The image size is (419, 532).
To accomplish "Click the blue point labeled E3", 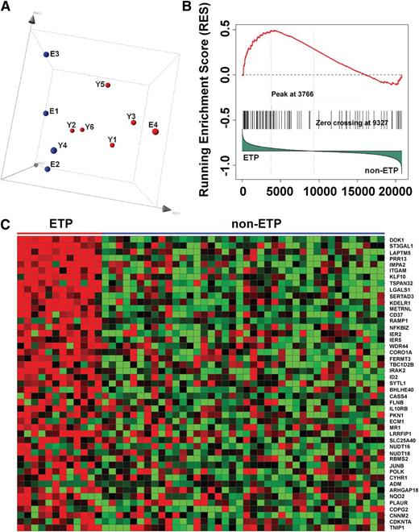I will point(46,55).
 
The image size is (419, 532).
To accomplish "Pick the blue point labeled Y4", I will point(53,150).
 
